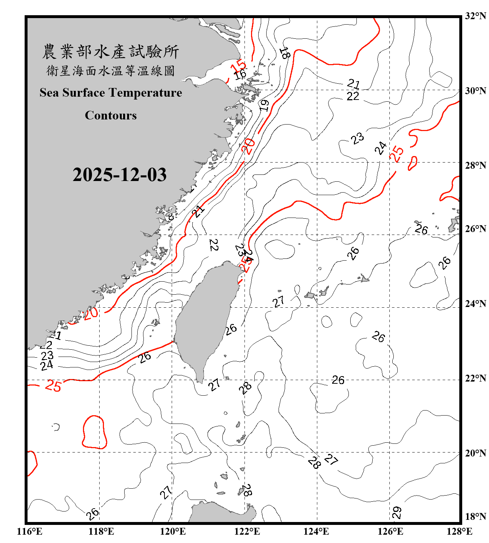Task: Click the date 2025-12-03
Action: (x=120, y=174)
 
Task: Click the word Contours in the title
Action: (x=111, y=115)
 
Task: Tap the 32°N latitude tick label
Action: (x=475, y=16)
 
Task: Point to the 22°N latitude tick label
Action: (x=475, y=379)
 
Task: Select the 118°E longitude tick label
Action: (x=101, y=531)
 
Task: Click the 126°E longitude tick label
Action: (x=390, y=531)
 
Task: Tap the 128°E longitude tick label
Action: (x=459, y=531)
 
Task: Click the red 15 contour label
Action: (x=238, y=67)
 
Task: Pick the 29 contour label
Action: (x=397, y=513)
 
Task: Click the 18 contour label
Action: (x=285, y=53)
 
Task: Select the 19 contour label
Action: (x=264, y=105)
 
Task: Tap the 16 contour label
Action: (x=240, y=75)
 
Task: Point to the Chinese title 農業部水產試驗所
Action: (x=110, y=52)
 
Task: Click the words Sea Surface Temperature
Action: (x=111, y=93)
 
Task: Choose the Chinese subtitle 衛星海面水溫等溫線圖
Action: (x=110, y=71)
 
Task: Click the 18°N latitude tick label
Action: (x=475, y=517)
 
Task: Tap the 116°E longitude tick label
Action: (x=30, y=531)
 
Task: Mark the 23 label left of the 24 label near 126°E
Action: (x=358, y=138)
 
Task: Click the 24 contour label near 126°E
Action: (x=380, y=148)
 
